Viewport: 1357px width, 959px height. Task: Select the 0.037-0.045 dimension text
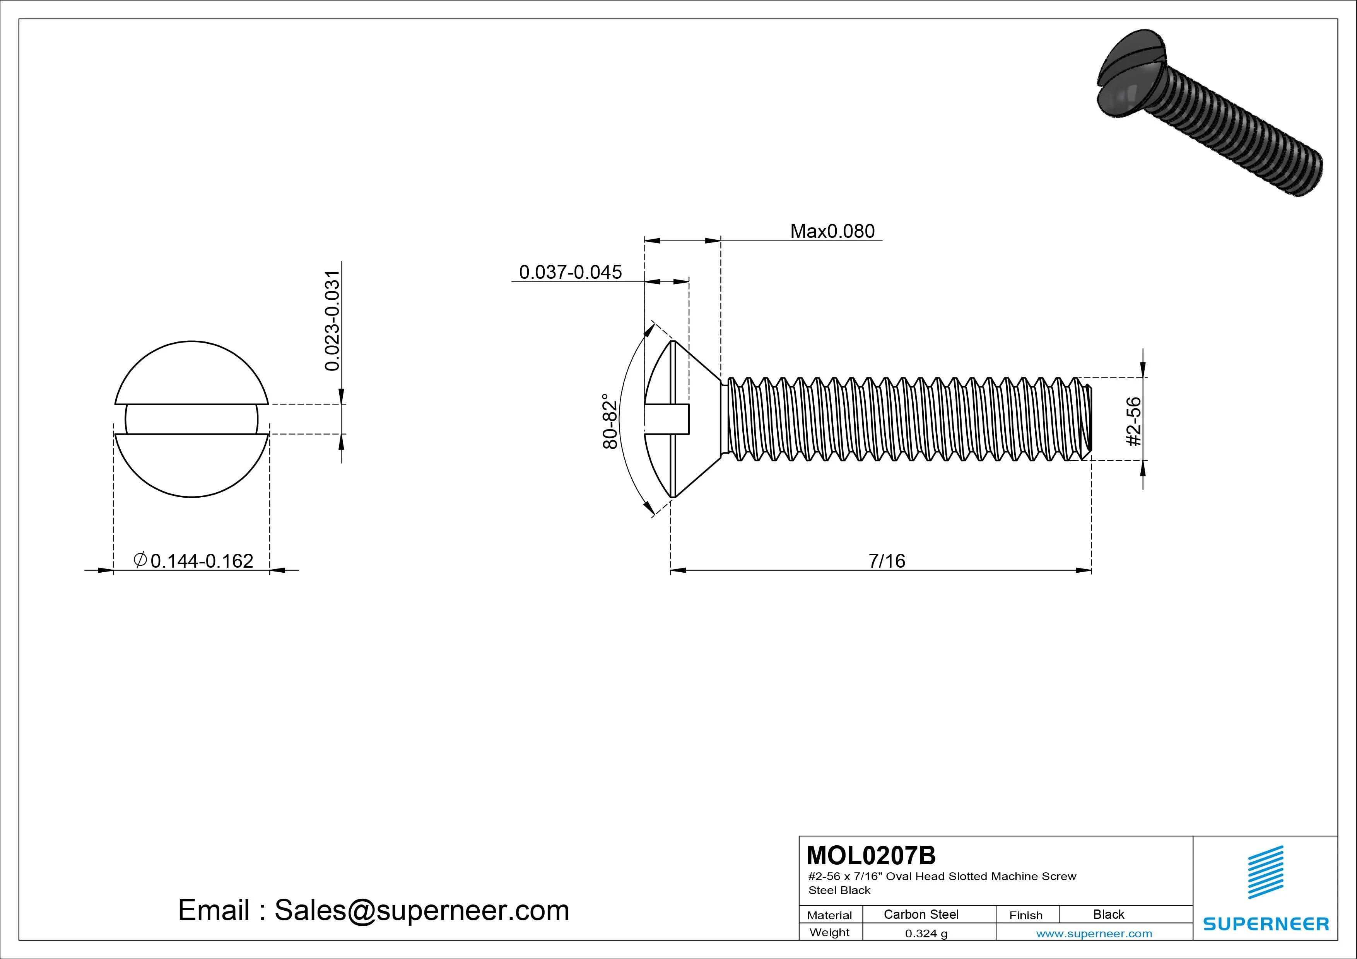point(570,272)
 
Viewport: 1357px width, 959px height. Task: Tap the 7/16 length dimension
point(887,560)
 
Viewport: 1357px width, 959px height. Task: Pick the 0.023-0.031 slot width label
point(333,321)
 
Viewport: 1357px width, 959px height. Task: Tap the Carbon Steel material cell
point(921,914)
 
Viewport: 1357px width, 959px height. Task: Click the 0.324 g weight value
point(926,933)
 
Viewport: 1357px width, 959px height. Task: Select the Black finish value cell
point(1108,914)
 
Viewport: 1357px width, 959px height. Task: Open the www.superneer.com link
point(1094,933)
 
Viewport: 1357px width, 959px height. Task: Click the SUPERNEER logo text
point(1266,923)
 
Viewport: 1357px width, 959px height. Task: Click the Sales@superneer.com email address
point(421,911)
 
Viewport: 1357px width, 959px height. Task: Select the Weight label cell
point(829,932)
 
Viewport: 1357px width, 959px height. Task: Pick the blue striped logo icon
point(1265,872)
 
